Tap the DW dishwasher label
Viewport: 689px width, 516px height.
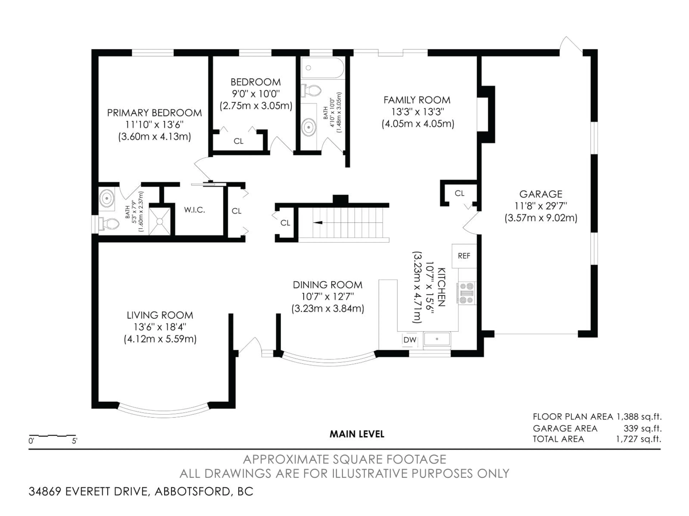tap(410, 340)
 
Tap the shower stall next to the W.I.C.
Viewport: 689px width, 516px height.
tap(160, 221)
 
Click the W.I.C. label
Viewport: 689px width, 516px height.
tap(194, 210)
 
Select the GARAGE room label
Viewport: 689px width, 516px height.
tap(541, 194)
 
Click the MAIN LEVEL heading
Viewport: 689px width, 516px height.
tap(357, 434)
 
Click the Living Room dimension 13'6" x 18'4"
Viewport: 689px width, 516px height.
tap(160, 327)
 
